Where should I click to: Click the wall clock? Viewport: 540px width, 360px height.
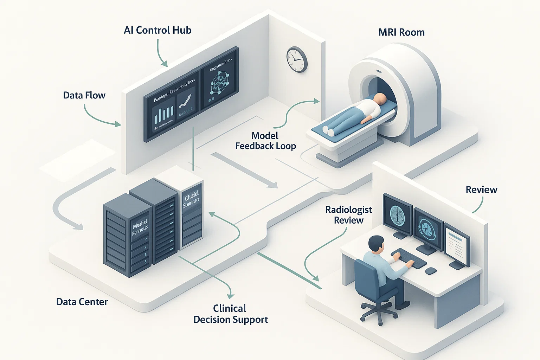297,59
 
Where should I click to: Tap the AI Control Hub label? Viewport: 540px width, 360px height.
157,30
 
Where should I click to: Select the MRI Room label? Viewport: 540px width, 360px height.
401,32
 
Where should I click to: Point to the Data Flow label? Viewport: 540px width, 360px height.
84,95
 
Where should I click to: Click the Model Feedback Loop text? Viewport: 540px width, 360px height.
265,141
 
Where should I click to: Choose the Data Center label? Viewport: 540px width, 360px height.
82,302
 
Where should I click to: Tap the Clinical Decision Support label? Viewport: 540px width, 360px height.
231,314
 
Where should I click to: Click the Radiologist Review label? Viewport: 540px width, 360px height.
348,215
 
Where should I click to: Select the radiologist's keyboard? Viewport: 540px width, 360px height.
409,258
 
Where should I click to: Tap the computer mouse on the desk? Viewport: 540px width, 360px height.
431,271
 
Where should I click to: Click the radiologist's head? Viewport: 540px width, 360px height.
376,244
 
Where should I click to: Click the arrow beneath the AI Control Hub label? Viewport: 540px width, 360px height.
161,53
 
